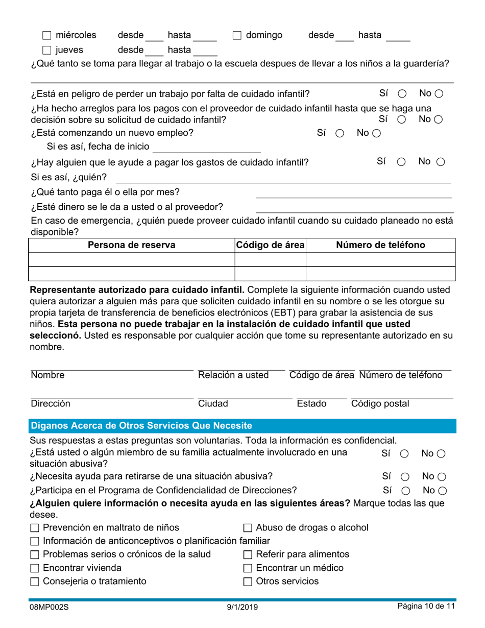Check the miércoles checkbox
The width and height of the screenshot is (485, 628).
click(x=47, y=36)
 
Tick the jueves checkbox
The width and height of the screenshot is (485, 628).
click(x=47, y=50)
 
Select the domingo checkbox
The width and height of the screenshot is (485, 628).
click(x=237, y=36)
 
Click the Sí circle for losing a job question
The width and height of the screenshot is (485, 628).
click(x=402, y=94)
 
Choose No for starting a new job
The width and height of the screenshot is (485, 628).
click(x=376, y=133)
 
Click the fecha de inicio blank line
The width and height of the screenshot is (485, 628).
click(x=206, y=148)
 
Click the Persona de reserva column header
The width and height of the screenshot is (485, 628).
click(x=131, y=245)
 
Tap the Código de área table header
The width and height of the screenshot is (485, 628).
click(x=270, y=245)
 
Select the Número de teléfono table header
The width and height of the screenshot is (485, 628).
click(x=380, y=245)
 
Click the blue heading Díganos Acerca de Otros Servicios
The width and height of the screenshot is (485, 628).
click(x=141, y=425)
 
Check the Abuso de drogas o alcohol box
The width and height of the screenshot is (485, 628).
click(x=248, y=528)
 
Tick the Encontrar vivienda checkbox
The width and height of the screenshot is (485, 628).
click(x=35, y=568)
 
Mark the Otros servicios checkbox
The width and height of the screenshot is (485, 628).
click(x=248, y=582)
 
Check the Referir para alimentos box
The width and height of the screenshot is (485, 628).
click(x=248, y=555)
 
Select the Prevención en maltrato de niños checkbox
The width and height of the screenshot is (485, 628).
click(x=35, y=528)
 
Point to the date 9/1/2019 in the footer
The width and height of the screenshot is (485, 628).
click(x=243, y=608)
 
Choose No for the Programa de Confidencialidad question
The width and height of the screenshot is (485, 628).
click(x=443, y=491)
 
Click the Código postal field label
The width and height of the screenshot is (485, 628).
click(x=380, y=404)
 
